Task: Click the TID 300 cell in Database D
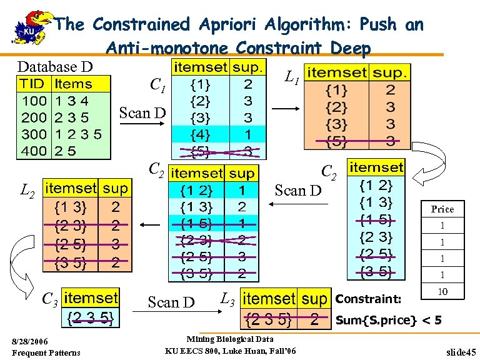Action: [33, 134]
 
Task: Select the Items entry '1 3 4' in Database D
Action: [72, 100]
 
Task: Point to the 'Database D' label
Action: [55, 66]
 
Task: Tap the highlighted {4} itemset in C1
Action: [200, 134]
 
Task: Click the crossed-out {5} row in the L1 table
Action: [336, 142]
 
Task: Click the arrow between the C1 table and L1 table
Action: [286, 110]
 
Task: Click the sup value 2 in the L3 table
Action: [316, 321]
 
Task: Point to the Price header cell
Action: [442, 209]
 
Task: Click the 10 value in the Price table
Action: [442, 292]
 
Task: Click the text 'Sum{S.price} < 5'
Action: [388, 321]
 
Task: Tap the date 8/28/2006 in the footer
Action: [36, 341]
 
